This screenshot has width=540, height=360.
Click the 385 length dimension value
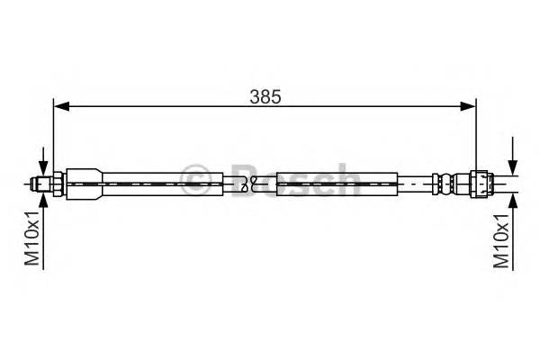265,97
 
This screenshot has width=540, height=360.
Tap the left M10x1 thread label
32,238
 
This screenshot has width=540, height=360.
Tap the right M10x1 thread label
501,240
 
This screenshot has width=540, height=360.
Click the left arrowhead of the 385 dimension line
62,106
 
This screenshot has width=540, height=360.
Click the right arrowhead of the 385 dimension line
468,106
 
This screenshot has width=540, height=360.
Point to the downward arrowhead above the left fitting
43,168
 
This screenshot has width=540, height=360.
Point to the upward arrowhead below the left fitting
43,200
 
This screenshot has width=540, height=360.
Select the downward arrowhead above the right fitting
513,167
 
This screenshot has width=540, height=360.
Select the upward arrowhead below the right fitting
513,201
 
